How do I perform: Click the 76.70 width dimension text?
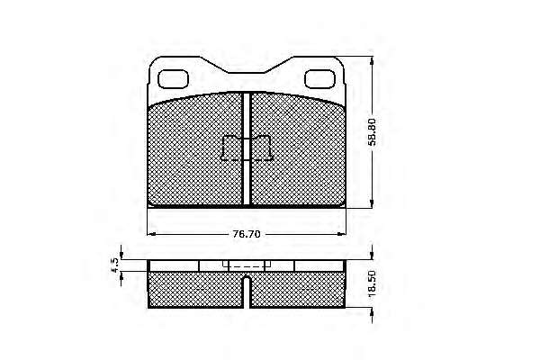(247, 234)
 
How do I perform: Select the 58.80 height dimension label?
(373, 132)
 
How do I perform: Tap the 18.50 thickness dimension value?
(373, 283)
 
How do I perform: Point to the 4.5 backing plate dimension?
(115, 265)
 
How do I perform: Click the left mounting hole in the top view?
(173, 79)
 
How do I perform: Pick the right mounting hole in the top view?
(319, 79)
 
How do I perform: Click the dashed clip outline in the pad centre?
(247, 148)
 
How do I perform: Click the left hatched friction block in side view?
(195, 290)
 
